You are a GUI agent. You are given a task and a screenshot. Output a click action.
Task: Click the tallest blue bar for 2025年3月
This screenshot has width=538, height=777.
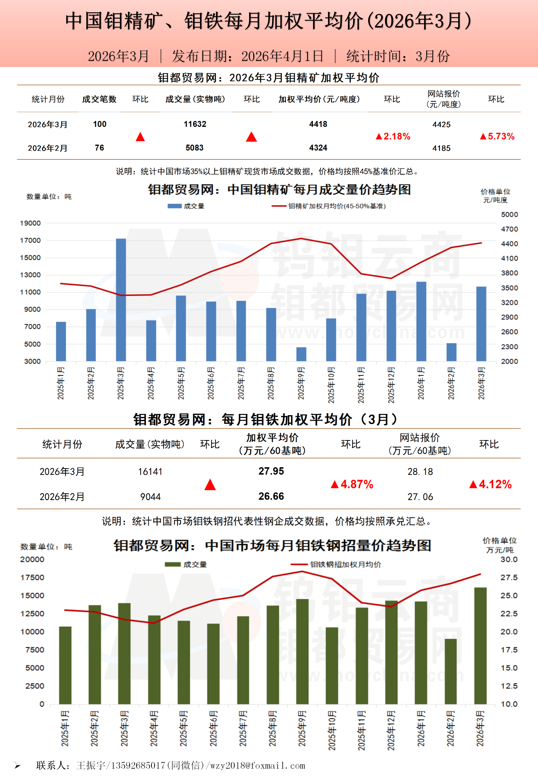tap(121, 300)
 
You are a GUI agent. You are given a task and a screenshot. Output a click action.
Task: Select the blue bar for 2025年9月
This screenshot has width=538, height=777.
tap(301, 354)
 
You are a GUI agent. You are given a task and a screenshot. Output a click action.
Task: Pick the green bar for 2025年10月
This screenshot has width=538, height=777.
tap(332, 666)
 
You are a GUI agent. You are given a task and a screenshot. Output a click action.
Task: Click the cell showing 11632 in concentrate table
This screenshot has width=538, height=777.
tap(195, 124)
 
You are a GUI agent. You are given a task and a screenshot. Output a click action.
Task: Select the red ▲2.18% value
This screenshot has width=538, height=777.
tap(393, 137)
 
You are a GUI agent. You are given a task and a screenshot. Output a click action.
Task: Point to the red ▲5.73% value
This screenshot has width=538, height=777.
tap(497, 137)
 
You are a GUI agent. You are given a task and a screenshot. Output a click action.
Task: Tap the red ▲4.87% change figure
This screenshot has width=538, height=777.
tap(352, 484)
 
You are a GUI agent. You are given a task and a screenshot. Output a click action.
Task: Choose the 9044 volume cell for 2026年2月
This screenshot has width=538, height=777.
tap(150, 497)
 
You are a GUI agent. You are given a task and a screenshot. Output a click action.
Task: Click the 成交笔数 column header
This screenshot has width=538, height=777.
tap(99, 99)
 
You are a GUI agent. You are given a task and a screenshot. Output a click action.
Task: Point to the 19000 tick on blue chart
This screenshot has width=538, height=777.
tap(30, 223)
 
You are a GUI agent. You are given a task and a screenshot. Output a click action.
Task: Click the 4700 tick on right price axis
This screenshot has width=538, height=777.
tap(509, 229)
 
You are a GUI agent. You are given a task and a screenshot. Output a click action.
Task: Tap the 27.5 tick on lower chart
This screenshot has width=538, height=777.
tap(509, 578)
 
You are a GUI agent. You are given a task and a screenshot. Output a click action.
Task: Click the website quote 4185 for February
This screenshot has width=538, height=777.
tap(441, 148)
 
